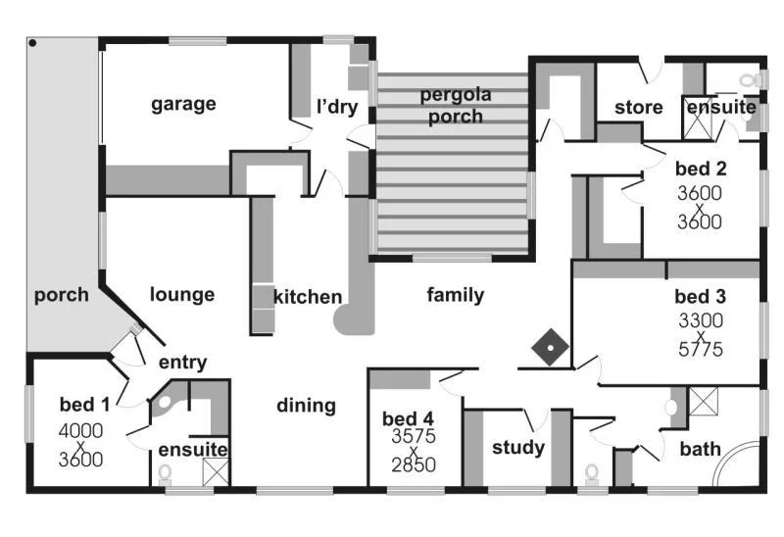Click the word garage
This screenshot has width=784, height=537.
tap(183, 104)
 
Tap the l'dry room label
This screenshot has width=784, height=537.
tap(336, 107)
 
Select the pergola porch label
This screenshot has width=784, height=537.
tap(452, 106)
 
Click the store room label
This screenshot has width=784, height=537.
tap(639, 107)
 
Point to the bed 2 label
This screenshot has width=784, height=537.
tap(700, 169)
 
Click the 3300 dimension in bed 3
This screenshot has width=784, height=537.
tap(700, 319)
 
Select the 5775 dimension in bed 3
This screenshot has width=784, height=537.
tap(700, 348)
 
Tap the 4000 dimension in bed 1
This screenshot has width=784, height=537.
tap(80, 430)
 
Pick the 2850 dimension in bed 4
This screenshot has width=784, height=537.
tap(413, 465)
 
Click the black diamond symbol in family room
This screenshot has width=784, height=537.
tap(551, 348)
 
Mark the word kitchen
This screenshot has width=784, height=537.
tap(308, 297)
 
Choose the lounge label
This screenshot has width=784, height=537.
tap(182, 294)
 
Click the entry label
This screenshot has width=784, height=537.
tap(182, 363)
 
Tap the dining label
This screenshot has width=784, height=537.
tap(306, 405)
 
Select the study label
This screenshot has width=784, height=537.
tap(517, 448)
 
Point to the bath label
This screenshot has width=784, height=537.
tap(700, 449)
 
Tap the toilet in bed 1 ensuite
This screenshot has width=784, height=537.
tap(165, 473)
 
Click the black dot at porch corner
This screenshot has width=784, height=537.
tap(32, 43)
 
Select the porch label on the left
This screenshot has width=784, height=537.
tap(61, 294)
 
